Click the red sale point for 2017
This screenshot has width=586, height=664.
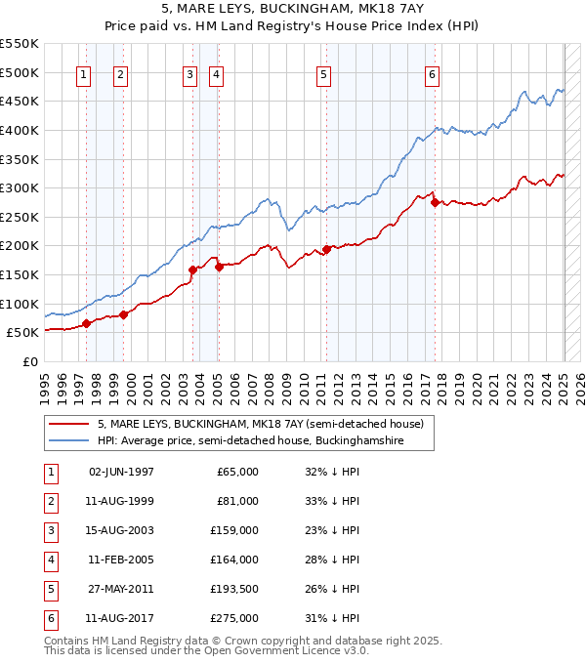(x=435, y=203)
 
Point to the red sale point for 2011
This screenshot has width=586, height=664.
(x=327, y=249)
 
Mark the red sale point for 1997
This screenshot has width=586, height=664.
(x=86, y=323)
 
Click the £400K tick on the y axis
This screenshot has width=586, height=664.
(x=20, y=130)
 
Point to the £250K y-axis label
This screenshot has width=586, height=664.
(x=20, y=217)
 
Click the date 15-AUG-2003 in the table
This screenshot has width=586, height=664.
(x=121, y=530)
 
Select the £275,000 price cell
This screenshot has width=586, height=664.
(x=235, y=617)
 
